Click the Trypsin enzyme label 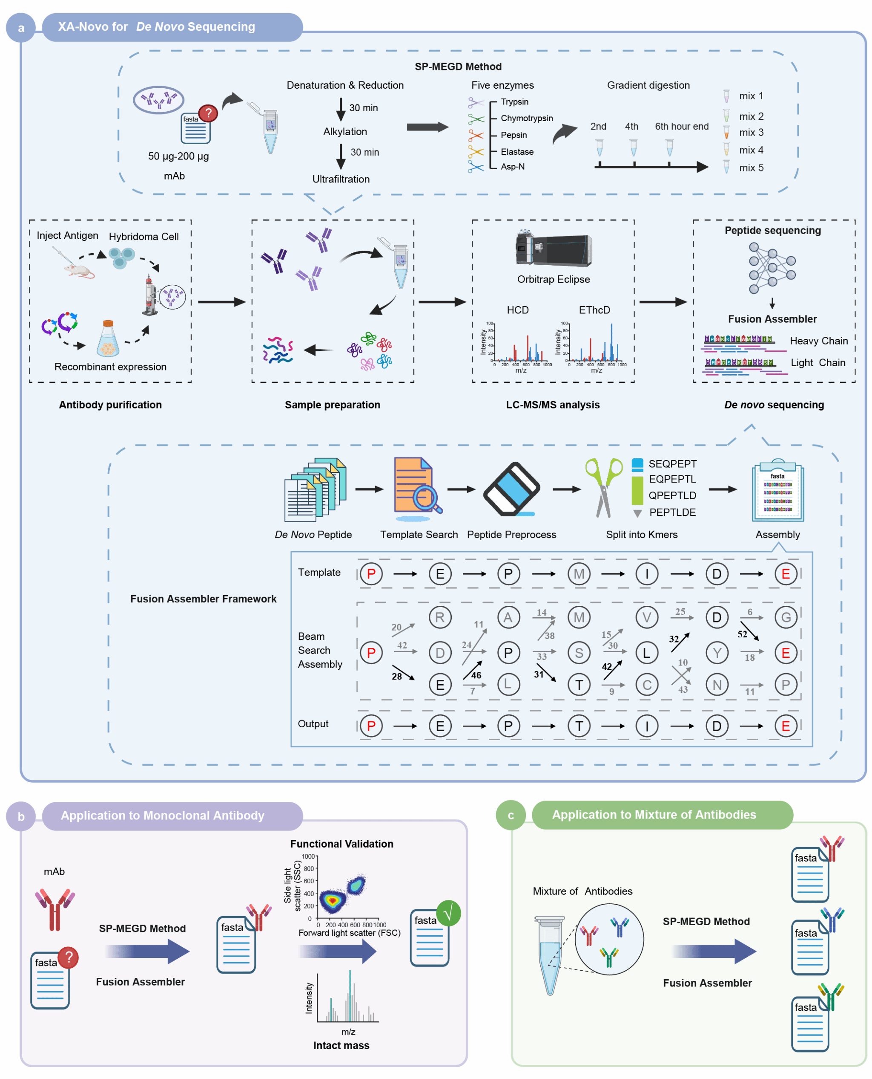(514, 101)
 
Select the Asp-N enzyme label (512, 166)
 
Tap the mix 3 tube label (751, 132)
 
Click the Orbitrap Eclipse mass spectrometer (554, 250)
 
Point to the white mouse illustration (79, 271)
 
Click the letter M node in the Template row (579, 574)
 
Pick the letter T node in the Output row (579, 726)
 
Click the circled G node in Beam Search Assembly (786, 617)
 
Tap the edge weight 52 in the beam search (742, 634)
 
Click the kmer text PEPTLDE (672, 512)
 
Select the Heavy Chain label (818, 341)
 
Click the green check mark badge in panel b (448, 913)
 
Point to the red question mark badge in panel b (68, 958)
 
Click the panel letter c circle (511, 815)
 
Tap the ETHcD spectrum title (594, 310)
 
